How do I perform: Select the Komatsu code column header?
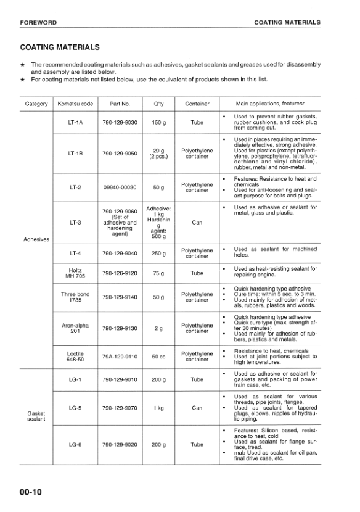[75, 104]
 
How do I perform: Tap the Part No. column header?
[120, 104]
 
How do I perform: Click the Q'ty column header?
[158, 104]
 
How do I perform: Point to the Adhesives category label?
[36, 239]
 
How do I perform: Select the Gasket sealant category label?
[36, 416]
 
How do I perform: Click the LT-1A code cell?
[75, 122]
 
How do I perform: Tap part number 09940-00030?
[120, 187]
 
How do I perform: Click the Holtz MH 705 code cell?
[75, 273]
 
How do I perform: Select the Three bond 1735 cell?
[75, 297]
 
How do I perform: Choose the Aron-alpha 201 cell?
[75, 328]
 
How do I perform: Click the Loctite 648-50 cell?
[75, 357]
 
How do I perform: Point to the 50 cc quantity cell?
[158, 357]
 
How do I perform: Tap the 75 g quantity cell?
[158, 273]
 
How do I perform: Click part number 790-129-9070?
[120, 408]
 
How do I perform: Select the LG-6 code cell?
[75, 444]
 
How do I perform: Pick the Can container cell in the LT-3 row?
[197, 222]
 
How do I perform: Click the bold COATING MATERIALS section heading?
[60, 47]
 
